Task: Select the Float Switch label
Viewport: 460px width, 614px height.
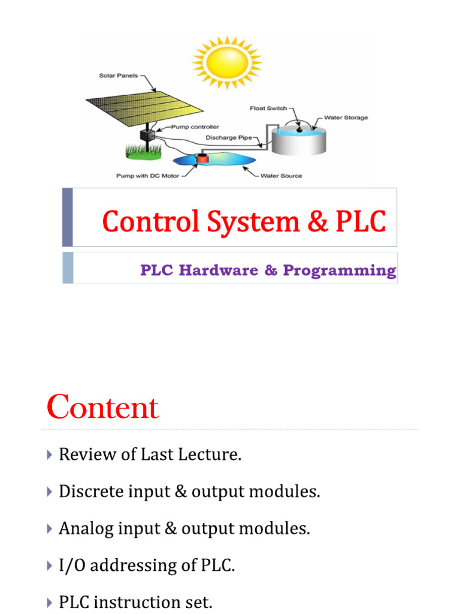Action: [268, 109]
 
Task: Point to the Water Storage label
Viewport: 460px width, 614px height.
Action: [346, 118]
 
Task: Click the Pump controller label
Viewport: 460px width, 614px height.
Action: [195, 127]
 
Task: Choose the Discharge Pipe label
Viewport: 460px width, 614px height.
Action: [231, 137]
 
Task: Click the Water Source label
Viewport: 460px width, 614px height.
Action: [282, 176]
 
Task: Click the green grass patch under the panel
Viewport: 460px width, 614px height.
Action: [143, 151]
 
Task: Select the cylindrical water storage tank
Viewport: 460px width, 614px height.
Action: [299, 140]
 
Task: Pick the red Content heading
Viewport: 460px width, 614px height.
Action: [102, 408]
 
